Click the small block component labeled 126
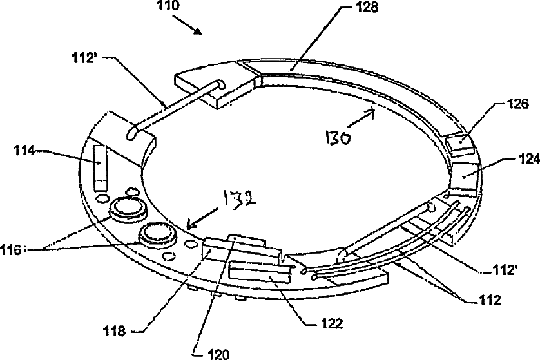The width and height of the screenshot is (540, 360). pos(461,144)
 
